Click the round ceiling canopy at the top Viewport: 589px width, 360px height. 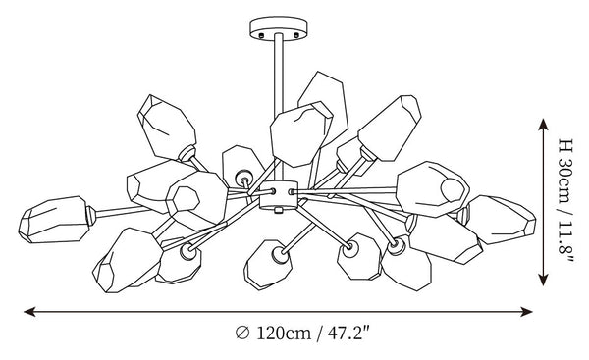[x=279, y=27]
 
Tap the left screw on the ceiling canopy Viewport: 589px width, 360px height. [x=261, y=35]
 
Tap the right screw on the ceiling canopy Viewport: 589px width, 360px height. [x=296, y=35]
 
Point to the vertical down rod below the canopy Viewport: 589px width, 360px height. [x=279, y=107]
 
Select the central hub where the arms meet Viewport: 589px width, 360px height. [x=279, y=194]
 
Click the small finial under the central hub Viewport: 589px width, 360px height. [x=279, y=210]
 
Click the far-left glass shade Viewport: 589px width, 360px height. [x=53, y=219]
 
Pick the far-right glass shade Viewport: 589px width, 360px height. [x=501, y=219]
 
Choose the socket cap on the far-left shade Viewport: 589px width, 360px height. [x=91, y=216]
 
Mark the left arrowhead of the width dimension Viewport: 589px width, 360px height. [x=29, y=311]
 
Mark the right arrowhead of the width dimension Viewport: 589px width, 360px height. [x=526, y=311]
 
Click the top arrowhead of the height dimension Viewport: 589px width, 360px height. [x=543, y=125]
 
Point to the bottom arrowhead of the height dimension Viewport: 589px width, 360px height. [x=543, y=280]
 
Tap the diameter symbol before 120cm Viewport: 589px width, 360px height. [x=242, y=333]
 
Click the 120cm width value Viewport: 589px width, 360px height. [x=284, y=333]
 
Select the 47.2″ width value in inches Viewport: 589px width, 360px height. [x=348, y=333]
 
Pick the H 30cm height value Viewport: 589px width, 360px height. [x=565, y=170]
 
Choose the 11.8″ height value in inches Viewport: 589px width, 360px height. [x=565, y=239]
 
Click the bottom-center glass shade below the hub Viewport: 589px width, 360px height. [x=266, y=265]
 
